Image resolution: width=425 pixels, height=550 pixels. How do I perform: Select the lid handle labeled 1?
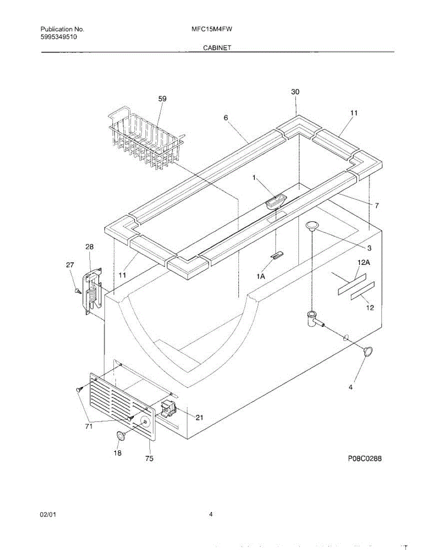tap(276, 201)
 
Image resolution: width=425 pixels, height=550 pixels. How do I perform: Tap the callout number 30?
tap(295, 92)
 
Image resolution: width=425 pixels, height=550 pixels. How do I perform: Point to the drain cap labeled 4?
tap(367, 352)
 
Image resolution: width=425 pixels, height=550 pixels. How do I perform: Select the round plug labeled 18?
tap(121, 435)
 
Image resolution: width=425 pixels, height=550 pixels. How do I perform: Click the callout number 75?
tap(149, 458)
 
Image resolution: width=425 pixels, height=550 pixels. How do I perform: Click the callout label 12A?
tap(364, 262)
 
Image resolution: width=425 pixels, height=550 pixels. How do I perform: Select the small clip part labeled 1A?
tap(278, 255)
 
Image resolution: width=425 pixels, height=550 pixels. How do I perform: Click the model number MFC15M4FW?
tap(212, 29)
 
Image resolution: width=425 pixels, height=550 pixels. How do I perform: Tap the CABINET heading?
tap(217, 48)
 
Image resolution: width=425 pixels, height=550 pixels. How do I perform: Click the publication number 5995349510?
tap(59, 37)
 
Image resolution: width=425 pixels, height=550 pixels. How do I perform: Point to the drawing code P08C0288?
tap(364, 458)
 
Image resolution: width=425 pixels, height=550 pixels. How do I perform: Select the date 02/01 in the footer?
tap(48, 515)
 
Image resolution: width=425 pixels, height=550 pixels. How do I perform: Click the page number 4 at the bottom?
tap(211, 514)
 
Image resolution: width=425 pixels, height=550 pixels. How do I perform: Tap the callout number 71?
tap(88, 426)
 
